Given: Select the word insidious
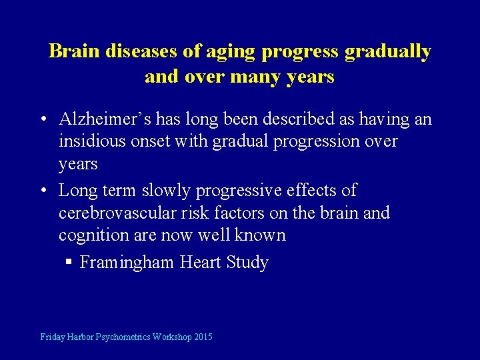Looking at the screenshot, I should pos(91,142).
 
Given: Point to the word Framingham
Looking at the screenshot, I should pos(127,263).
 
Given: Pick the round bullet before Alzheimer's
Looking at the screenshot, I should pos(43,121).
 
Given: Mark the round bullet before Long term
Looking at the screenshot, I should pos(43,191).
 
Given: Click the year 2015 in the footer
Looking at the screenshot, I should pos(203,337).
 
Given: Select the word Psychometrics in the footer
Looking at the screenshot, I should pos(123,337).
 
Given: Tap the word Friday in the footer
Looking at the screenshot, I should pos(53,337).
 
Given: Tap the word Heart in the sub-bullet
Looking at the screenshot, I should pos(201,263).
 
